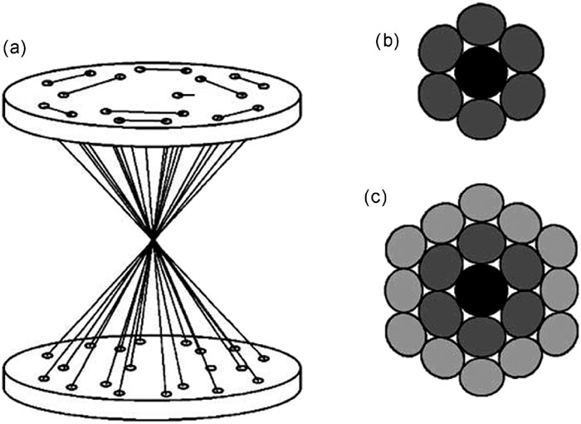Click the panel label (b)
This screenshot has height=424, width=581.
[x=387, y=41]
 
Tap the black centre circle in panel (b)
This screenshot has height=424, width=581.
[x=481, y=71]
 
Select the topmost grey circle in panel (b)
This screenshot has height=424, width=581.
[x=481, y=25]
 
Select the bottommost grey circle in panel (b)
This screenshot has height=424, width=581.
[x=481, y=118]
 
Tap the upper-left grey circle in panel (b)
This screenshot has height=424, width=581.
[x=441, y=48]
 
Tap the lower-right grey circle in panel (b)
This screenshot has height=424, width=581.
[x=522, y=96]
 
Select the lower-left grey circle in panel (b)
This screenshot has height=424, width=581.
[x=441, y=96]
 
